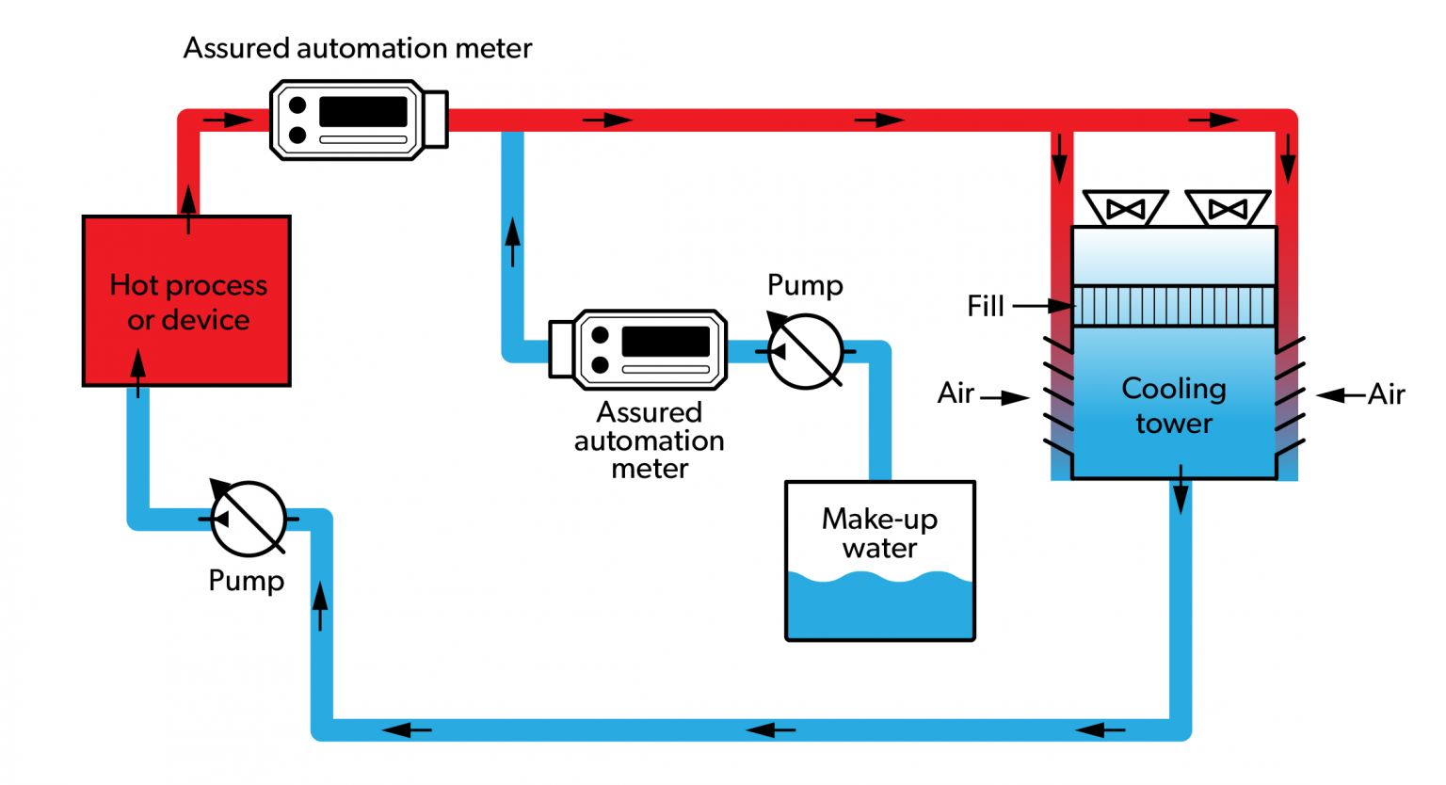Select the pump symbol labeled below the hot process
pyautogui.click(x=248, y=519)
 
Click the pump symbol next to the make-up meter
pyautogui.click(x=806, y=351)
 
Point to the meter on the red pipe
pyautogui.click(x=359, y=120)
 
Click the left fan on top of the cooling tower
pyautogui.click(x=1125, y=208)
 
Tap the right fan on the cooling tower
pyautogui.click(x=1228, y=208)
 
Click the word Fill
pyautogui.click(x=986, y=306)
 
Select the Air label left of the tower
pyautogui.click(x=956, y=393)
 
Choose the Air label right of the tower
pyautogui.click(x=1386, y=394)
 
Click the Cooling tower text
pyautogui.click(x=1174, y=406)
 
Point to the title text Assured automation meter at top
pyautogui.click(x=358, y=48)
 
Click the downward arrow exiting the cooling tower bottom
pyautogui.click(x=1181, y=489)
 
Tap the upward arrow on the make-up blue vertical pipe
pyautogui.click(x=512, y=242)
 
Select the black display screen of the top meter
pyautogui.click(x=363, y=111)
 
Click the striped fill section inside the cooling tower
pyautogui.click(x=1174, y=306)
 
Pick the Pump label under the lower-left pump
pyautogui.click(x=247, y=581)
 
